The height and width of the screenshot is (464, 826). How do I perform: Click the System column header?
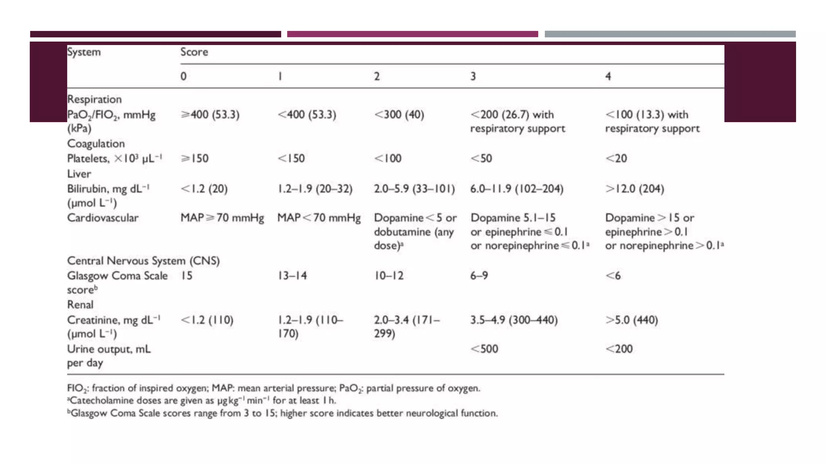coord(84,52)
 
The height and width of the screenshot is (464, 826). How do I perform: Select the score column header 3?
coord(473,76)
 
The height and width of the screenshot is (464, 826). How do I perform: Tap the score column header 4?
coord(608,76)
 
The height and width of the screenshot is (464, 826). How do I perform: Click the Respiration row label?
coord(94,99)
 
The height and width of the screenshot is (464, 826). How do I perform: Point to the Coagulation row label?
coord(96,143)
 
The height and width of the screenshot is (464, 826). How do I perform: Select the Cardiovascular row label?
coord(103,218)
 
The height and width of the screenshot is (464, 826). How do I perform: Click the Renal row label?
coord(80,304)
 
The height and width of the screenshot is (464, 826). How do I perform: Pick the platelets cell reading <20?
coord(616,158)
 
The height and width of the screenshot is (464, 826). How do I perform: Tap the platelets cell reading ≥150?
coord(195,158)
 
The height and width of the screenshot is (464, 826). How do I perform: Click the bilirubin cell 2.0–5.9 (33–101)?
coord(414,189)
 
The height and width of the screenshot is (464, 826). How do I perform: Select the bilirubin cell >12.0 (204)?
coord(634,189)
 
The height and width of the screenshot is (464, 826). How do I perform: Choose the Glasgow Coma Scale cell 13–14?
coord(292,276)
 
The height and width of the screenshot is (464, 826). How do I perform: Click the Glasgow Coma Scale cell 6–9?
coord(479,276)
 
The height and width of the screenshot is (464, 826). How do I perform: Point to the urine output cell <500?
coord(484,349)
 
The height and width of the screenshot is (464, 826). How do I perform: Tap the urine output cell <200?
coord(619,349)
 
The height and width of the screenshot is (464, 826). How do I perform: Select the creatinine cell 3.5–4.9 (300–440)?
coord(514,320)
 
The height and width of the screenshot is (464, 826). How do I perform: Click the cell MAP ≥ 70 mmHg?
coord(222,218)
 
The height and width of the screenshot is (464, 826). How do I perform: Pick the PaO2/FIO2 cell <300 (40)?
coord(399,115)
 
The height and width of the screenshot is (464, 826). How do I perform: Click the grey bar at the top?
coord(670,34)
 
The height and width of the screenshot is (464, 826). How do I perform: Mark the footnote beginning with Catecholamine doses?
coord(202,400)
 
